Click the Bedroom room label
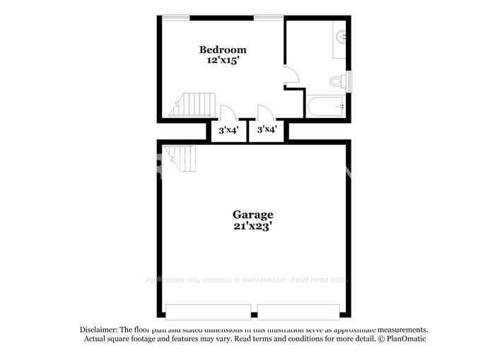pos(223,50)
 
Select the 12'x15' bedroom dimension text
pos(223,61)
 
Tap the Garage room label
pos(252,214)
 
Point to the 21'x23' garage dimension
pos(252,226)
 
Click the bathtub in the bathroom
pos(326,106)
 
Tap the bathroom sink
pos(340,35)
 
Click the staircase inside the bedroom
pos(191,105)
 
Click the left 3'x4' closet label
pos(228,130)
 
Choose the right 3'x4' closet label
pos(267,130)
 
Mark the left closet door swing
pos(228,112)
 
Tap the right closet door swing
pos(265,112)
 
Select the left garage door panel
pos(207,311)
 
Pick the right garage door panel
pos(298,311)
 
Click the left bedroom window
pos(175,17)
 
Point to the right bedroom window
pos(269,17)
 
